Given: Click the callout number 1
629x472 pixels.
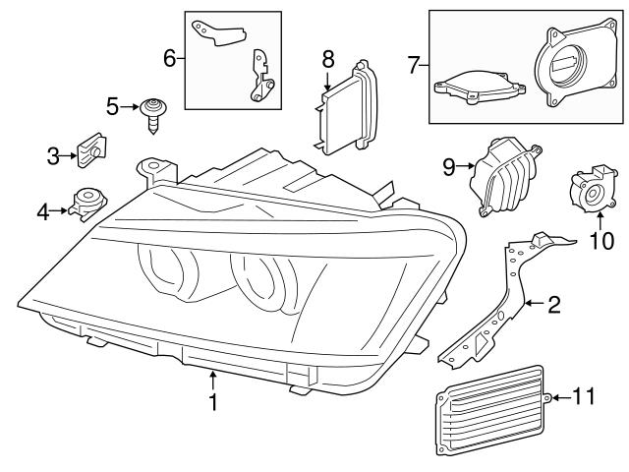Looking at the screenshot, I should tap(212, 401).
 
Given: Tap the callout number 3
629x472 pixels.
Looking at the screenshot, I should tap(54, 154).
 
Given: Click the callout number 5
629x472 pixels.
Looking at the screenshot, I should tap(113, 105).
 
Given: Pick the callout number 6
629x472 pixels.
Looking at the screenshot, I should tap(169, 58).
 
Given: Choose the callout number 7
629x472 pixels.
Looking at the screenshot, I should tap(413, 66).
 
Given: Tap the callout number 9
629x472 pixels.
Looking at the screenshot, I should tap(448, 167).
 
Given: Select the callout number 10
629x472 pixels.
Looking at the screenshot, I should tap(600, 239).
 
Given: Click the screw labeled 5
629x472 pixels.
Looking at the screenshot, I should tap(152, 110).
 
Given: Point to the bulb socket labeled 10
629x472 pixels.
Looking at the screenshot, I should tap(592, 191).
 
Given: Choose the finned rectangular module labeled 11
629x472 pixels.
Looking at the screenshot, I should tap(488, 407).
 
